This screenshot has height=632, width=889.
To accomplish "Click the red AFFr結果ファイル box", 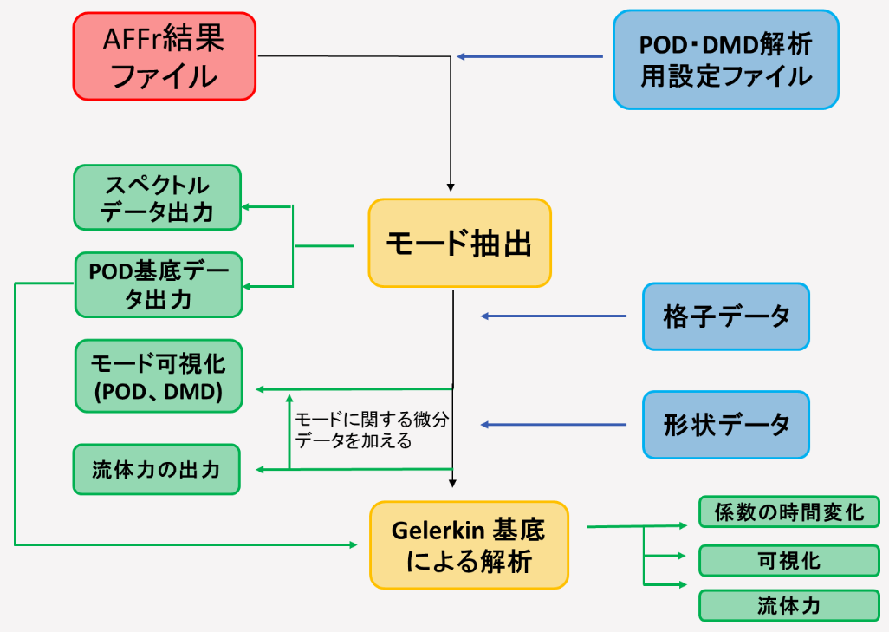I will (x=164, y=56).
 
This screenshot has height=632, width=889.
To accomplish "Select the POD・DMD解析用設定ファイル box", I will (x=725, y=60).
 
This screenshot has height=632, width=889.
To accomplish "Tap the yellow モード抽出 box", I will (x=459, y=243).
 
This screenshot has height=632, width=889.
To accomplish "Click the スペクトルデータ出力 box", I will (x=157, y=198).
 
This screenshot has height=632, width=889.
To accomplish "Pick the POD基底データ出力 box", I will (x=157, y=284).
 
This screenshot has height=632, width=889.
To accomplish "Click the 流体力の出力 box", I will (x=156, y=469).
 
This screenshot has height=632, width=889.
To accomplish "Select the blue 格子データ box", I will (x=725, y=316).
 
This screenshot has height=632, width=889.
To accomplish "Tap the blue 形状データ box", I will (x=725, y=425).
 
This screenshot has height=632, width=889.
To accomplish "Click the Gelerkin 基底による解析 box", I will (x=469, y=544).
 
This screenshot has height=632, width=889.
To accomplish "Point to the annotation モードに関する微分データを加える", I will (x=372, y=429).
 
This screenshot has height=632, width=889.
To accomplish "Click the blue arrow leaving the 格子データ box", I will (x=555, y=316).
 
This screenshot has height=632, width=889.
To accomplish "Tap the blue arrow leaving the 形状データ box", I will (x=555, y=425).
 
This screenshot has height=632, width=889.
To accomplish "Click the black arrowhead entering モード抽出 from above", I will (x=451, y=185).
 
